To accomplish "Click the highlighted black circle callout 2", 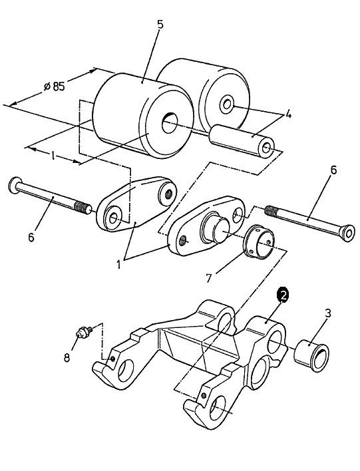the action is click(282, 295).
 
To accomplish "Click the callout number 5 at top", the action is click(160, 25).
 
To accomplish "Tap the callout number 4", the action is click(288, 114).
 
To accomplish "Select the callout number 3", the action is click(328, 313).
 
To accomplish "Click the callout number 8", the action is click(67, 357).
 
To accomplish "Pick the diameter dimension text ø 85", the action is click(55, 86).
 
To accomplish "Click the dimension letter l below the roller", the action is click(53, 156).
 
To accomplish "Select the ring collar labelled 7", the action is click(258, 241).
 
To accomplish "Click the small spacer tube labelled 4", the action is click(242, 140).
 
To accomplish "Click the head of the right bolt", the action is click(347, 233).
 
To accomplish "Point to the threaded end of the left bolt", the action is click(83, 207).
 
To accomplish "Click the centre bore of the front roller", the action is click(170, 123).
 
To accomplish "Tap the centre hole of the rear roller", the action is click(226, 104).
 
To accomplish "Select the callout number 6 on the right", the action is click(333, 170).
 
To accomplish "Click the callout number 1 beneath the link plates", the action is click(118, 265).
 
